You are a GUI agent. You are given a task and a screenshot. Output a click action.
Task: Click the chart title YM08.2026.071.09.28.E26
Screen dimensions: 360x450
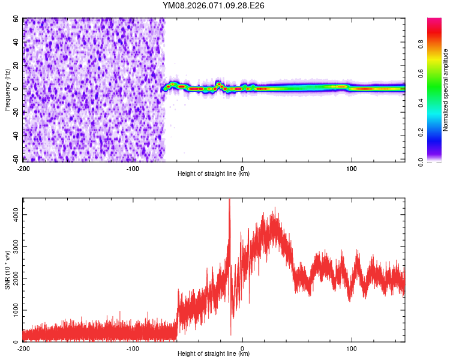click(x=214, y=5)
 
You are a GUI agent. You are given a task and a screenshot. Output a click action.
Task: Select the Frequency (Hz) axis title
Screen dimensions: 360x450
click(x=7, y=90)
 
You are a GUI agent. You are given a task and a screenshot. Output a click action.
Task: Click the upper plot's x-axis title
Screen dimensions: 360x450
click(x=214, y=174)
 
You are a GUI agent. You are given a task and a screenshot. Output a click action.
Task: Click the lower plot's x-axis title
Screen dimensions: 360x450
click(x=214, y=354)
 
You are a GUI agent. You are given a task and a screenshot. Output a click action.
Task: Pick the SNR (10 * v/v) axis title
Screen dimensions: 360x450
click(x=7, y=270)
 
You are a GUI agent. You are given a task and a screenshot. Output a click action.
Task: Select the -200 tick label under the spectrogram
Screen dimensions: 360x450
click(x=23, y=168)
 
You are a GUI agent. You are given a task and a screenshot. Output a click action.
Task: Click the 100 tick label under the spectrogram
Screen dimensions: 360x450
click(x=352, y=168)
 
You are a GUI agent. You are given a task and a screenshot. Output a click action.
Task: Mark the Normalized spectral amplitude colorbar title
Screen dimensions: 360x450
click(x=446, y=90)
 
